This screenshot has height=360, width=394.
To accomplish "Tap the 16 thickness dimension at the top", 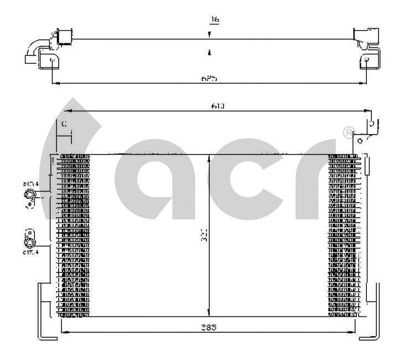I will click(x=215, y=20).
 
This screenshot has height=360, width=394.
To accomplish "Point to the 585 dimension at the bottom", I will click(x=209, y=327).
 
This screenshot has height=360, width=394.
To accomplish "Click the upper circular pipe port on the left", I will click(x=30, y=195).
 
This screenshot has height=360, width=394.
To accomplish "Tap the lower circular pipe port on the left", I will click(x=29, y=241).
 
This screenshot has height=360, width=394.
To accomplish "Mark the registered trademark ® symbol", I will click(x=348, y=132).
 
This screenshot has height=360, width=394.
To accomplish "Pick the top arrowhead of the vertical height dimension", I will click(x=209, y=158).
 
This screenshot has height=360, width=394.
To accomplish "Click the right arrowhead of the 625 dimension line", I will click(x=364, y=84).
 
